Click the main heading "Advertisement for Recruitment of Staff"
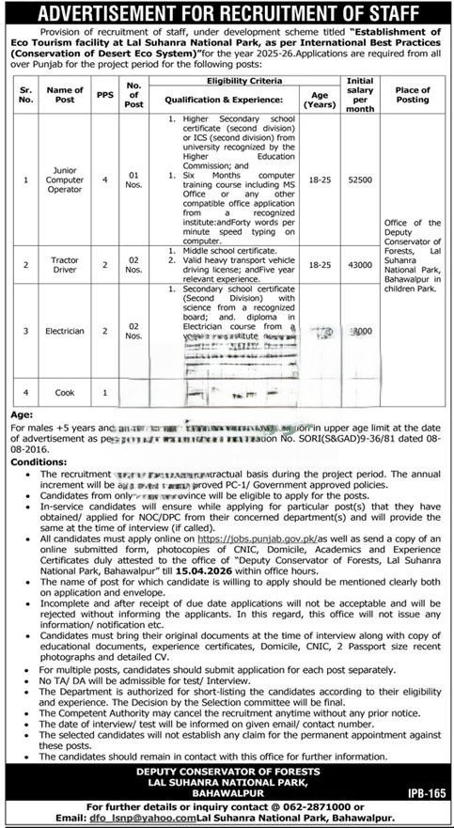pyautogui.click(x=226, y=12)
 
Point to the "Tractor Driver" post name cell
pyautogui.click(x=68, y=266)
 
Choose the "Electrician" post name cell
pyautogui.click(x=68, y=331)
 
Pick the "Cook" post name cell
pyautogui.click(x=68, y=391)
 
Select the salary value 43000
pyautogui.click(x=361, y=266)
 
